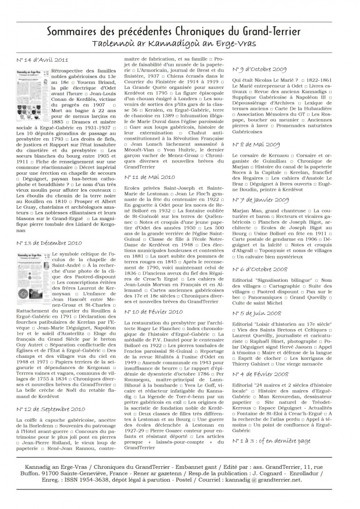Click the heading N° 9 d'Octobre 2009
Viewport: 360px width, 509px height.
pyautogui.click(x=260, y=69)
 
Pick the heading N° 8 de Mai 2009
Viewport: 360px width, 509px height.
pyautogui.click(x=256, y=144)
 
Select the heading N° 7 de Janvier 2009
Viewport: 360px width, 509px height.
pyautogui.click(x=260, y=199)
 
